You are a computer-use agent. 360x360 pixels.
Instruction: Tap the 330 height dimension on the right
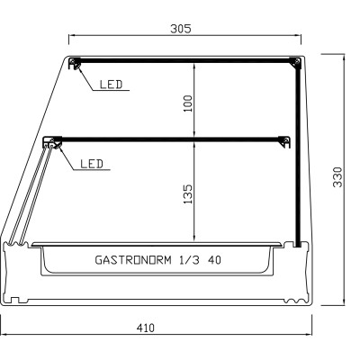[337, 179]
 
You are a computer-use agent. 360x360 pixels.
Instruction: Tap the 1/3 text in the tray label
[189, 260]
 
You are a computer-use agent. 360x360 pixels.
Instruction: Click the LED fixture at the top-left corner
[76, 63]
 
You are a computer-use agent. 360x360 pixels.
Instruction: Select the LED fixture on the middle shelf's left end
[50, 141]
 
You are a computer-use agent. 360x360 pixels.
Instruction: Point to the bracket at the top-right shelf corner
[293, 62]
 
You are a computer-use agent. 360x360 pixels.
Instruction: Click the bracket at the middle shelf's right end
[284, 140]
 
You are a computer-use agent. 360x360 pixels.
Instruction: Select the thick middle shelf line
[171, 138]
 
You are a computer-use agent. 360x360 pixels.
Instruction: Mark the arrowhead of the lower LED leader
[57, 146]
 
